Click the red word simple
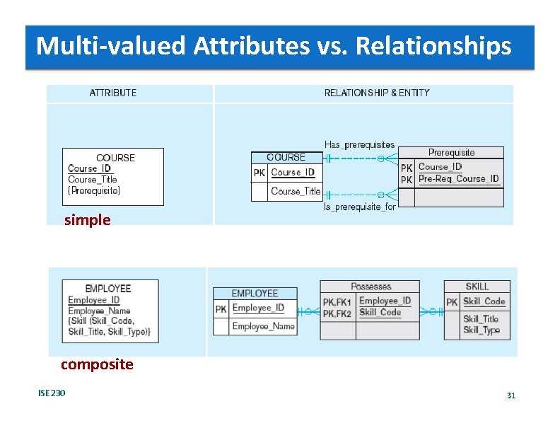click(x=87, y=220)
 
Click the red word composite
click(x=97, y=364)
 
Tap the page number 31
click(x=511, y=396)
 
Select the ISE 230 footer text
click(x=52, y=393)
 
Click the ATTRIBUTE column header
click(x=113, y=93)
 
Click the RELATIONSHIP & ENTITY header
click(x=377, y=93)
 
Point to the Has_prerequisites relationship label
click(x=359, y=145)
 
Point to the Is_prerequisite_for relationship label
click(x=359, y=207)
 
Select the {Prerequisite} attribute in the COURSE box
click(x=94, y=190)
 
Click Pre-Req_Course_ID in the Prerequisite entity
click(x=458, y=179)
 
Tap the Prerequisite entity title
click(x=452, y=152)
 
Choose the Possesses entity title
click(x=371, y=287)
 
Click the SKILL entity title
click(x=477, y=287)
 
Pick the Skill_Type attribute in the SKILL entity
click(x=482, y=330)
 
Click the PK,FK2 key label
click(x=337, y=313)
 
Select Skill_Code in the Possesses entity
click(x=380, y=312)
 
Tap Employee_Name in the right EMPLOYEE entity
click(x=263, y=326)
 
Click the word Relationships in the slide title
click(x=433, y=47)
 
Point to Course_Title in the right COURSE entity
click(x=295, y=191)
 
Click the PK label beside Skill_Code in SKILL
click(x=452, y=302)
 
